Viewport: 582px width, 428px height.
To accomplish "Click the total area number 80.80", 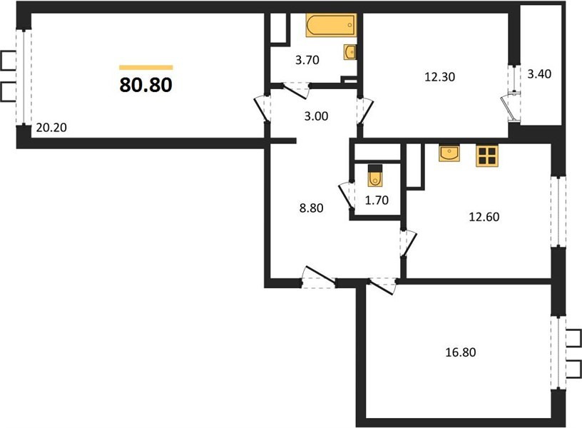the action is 146,85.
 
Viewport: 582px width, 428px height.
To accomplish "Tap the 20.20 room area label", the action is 51,128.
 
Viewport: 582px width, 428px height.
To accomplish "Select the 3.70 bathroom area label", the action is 307,60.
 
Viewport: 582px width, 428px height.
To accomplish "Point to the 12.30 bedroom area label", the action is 439,77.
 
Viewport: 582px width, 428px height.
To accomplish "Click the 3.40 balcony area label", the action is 539,74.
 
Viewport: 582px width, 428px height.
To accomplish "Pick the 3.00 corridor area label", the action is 316,116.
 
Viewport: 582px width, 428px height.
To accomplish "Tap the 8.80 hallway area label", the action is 311,208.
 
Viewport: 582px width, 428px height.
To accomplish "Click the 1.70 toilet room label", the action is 377,200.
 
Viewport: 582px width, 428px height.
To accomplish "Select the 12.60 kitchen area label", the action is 484,217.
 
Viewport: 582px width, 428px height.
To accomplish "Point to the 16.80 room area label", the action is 460,352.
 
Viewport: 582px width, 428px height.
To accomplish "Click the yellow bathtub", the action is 332,25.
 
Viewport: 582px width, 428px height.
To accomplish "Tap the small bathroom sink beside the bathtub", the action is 349,52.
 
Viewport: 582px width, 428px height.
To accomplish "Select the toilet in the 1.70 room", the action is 374,175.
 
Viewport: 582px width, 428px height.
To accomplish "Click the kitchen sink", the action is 449,153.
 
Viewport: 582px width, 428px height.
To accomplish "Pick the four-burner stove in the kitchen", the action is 487,156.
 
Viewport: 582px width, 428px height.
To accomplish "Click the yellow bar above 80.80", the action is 146,68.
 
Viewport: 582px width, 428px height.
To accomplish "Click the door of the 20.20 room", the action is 262,109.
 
